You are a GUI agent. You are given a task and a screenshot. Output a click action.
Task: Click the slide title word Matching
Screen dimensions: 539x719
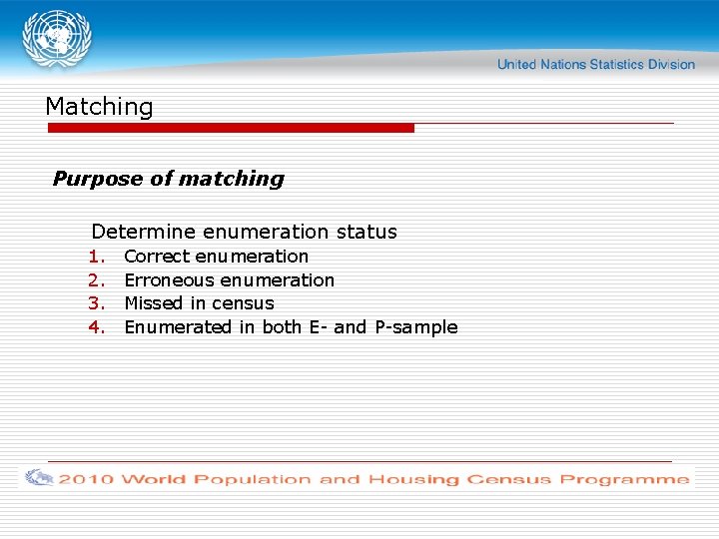tap(99, 107)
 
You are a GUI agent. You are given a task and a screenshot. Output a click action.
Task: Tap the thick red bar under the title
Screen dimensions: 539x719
tap(231, 128)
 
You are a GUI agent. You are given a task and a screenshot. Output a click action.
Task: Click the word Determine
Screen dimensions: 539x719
tap(144, 232)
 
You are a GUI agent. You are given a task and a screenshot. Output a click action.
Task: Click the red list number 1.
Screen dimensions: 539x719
tap(96, 257)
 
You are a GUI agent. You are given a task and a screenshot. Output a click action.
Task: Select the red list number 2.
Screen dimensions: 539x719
tap(96, 280)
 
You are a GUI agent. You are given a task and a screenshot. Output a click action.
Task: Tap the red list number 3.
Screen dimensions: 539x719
tap(96, 303)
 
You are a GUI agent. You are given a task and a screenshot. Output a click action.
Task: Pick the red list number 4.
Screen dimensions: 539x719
tap(96, 327)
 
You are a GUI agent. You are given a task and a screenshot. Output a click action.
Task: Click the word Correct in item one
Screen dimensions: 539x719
tap(157, 257)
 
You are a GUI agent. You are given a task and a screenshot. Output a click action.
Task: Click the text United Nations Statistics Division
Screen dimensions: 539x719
tap(596, 65)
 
